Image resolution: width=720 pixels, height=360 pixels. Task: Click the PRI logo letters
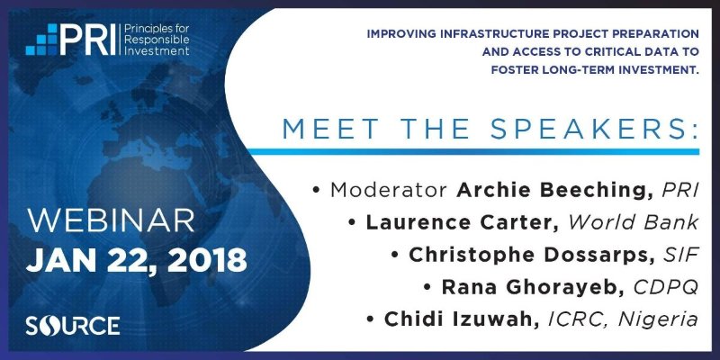(x=87, y=40)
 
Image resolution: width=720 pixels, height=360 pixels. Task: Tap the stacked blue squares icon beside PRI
(x=41, y=40)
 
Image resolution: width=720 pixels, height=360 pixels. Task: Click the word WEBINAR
(x=111, y=221)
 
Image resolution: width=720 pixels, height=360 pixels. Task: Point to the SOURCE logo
(x=73, y=326)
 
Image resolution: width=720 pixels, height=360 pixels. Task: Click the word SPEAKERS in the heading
(x=594, y=130)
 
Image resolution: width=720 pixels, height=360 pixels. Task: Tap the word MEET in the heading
(x=328, y=130)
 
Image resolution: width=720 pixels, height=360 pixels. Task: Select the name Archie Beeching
(x=555, y=190)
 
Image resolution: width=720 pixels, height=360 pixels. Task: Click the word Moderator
(x=389, y=190)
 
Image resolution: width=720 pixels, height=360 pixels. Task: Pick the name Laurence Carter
(x=463, y=222)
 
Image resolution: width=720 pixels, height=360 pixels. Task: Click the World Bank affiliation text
(x=634, y=222)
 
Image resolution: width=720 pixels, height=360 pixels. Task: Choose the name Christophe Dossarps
(x=532, y=256)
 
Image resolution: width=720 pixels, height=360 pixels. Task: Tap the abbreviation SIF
(x=681, y=255)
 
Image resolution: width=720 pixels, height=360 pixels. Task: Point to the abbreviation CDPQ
(x=666, y=287)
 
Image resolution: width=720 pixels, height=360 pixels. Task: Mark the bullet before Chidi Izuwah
(x=371, y=320)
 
